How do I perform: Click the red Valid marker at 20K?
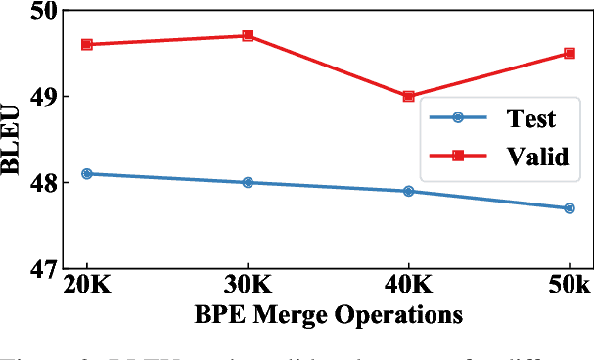(x=87, y=44)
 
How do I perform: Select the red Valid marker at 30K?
(x=248, y=36)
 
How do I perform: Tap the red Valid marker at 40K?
(x=408, y=96)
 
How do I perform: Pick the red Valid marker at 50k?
(x=569, y=53)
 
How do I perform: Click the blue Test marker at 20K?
(x=87, y=173)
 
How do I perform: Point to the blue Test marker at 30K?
(x=248, y=182)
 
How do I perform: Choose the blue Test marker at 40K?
(x=408, y=191)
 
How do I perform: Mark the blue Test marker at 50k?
(x=569, y=207)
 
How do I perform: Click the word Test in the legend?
(x=530, y=119)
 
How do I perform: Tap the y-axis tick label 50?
(x=42, y=12)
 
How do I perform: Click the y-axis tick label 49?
(x=42, y=97)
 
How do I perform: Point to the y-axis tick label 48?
(x=42, y=183)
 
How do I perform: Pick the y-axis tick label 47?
(x=42, y=268)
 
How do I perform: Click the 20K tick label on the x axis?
(x=87, y=286)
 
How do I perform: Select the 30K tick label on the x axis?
(x=248, y=286)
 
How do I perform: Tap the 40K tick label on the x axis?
(x=408, y=286)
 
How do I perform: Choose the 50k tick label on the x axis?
(x=567, y=286)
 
